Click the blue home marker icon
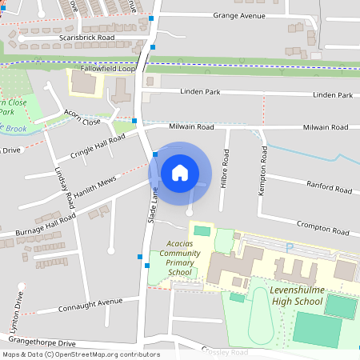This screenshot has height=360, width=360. (180, 173)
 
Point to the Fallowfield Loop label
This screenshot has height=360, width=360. (103, 69)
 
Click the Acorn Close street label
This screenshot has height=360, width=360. (82, 117)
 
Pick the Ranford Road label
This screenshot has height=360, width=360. (329, 190)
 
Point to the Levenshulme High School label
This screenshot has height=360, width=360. (295, 294)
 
